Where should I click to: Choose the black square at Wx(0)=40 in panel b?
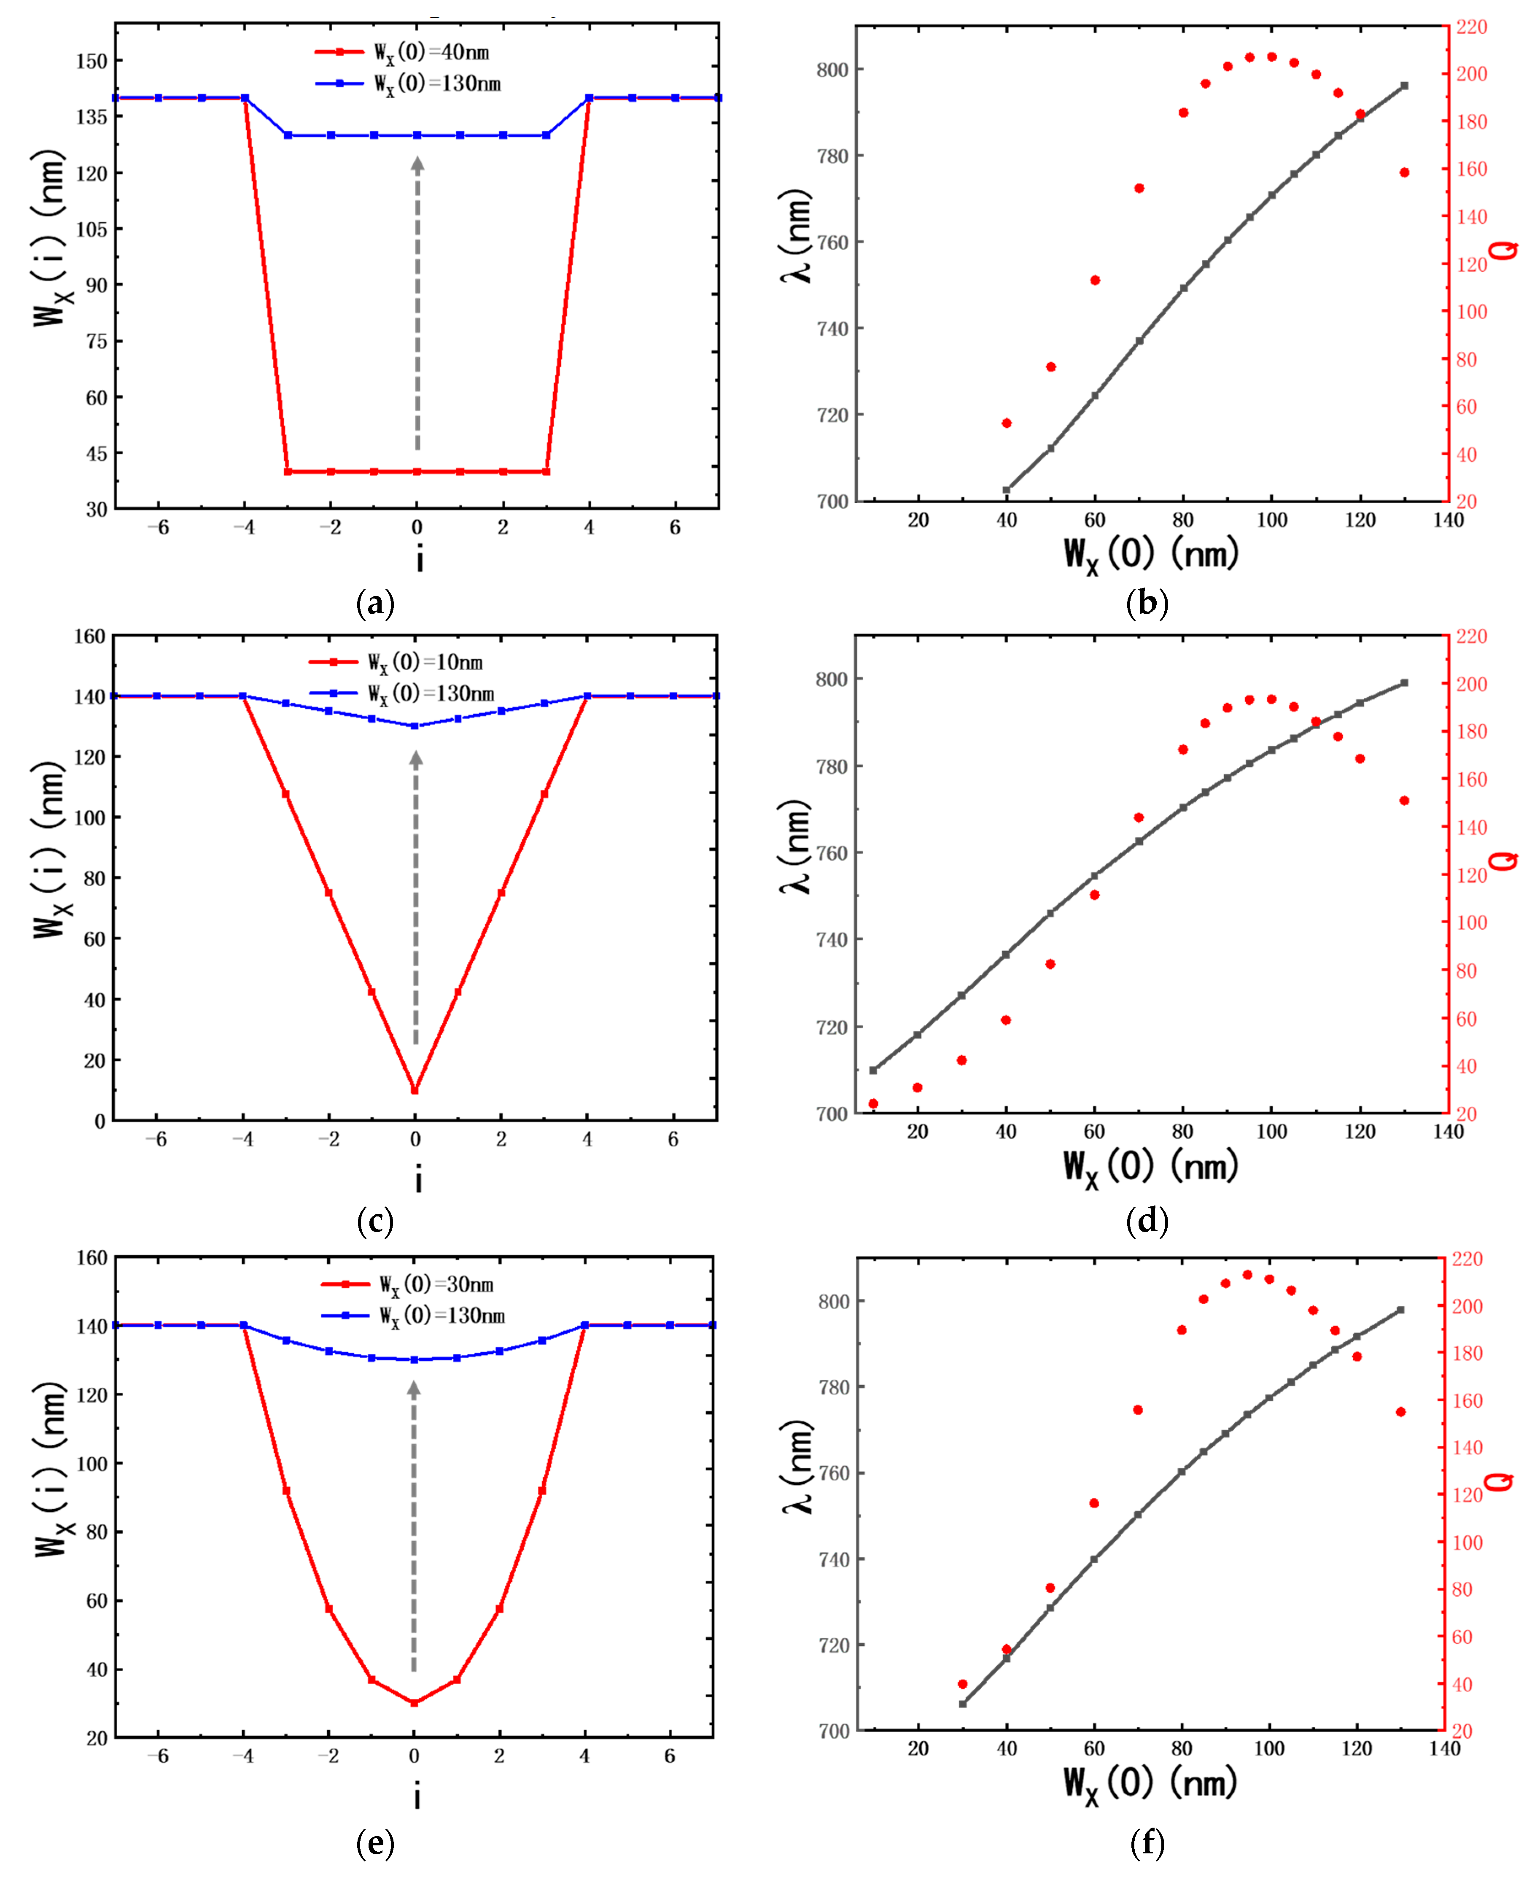tap(1006, 490)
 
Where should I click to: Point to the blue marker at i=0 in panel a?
tap(417, 135)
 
